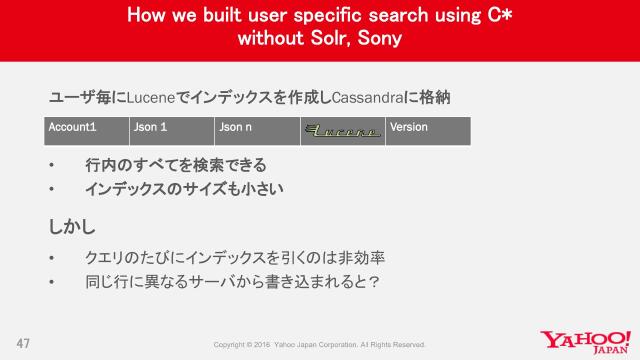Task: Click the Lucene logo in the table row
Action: (x=342, y=131)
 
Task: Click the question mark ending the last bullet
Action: (x=371, y=281)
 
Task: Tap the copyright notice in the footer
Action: (x=320, y=345)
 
